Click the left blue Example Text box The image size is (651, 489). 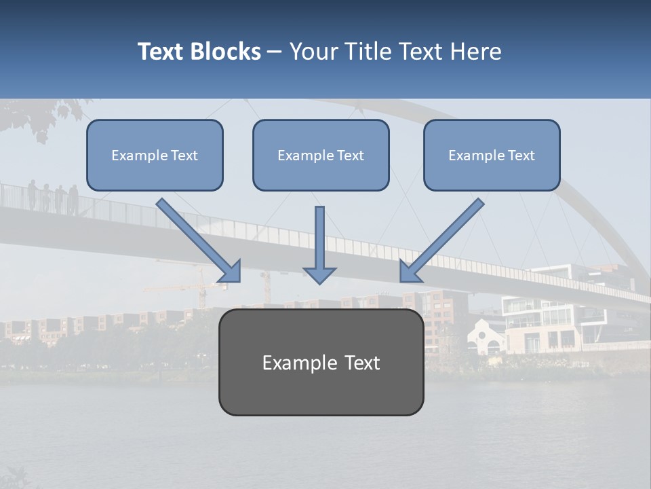click(x=155, y=156)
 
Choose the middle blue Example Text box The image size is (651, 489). click(x=321, y=156)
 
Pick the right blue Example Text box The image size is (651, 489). click(x=492, y=156)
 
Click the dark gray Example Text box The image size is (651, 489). click(x=321, y=363)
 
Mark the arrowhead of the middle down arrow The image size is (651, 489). click(x=319, y=274)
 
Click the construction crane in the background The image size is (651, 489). click(x=200, y=289)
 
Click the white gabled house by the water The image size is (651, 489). click(x=487, y=336)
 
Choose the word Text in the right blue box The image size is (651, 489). click(x=521, y=156)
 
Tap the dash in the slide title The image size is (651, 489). click(x=275, y=52)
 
